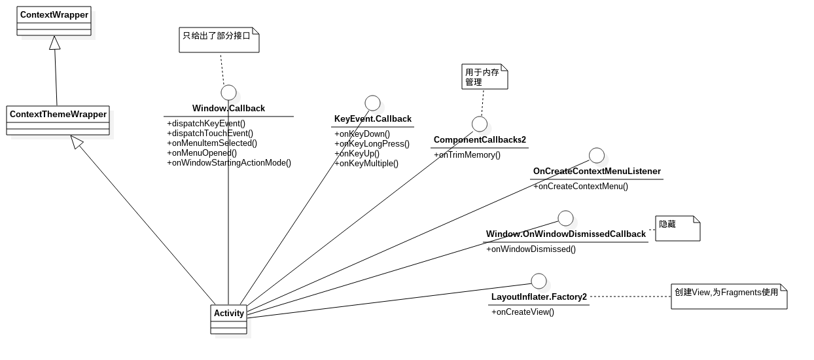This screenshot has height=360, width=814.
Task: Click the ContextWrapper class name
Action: pyautogui.click(x=54, y=14)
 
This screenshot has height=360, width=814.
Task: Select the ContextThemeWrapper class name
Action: pyautogui.click(x=58, y=114)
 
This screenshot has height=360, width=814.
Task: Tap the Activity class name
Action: pyautogui.click(x=229, y=313)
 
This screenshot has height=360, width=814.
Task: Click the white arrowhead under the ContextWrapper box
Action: pyautogui.click(x=54, y=43)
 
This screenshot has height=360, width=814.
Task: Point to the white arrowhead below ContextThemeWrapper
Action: pyautogui.click(x=77, y=141)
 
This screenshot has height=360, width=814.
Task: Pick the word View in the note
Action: pyautogui.click(x=701, y=292)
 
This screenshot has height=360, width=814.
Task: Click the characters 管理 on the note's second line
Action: pyautogui.click(x=474, y=82)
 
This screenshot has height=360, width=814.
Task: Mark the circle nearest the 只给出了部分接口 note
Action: pyautogui.click(x=228, y=93)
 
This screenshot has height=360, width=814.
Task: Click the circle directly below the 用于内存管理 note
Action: pyautogui.click(x=480, y=124)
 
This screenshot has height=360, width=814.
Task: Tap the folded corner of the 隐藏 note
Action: pyautogui.click(x=696, y=220)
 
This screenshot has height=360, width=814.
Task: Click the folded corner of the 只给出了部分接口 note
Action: pyautogui.click(x=255, y=31)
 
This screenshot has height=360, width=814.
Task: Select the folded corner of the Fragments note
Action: pyautogui.click(x=783, y=289)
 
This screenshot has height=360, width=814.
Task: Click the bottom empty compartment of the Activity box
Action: pyautogui.click(x=229, y=330)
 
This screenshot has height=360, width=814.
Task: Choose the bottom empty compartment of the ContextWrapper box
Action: pyautogui.click(x=54, y=31)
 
